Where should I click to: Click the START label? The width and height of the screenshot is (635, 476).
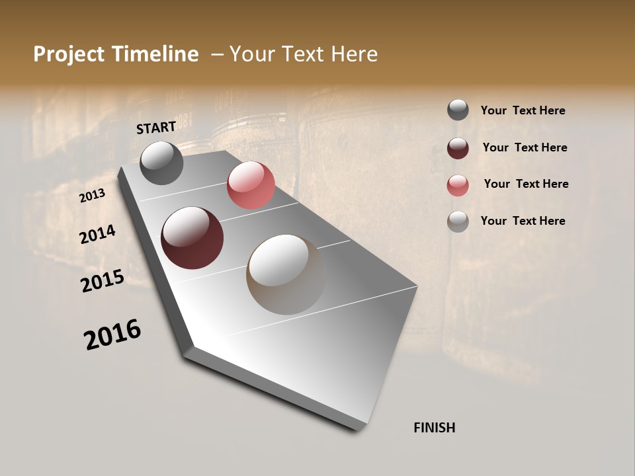(x=156, y=128)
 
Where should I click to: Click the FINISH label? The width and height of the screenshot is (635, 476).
(x=434, y=428)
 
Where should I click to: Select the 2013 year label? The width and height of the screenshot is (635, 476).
(x=92, y=196)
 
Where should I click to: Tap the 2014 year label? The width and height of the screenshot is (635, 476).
(x=97, y=234)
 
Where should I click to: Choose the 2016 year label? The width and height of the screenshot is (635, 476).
(x=112, y=335)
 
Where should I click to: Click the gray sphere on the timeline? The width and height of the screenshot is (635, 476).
(x=161, y=163)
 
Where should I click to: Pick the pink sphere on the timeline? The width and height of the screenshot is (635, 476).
(x=251, y=185)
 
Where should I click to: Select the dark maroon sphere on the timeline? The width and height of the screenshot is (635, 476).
(x=192, y=238)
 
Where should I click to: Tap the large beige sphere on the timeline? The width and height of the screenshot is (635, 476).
(x=286, y=274)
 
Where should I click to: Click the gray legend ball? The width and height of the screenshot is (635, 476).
(x=458, y=110)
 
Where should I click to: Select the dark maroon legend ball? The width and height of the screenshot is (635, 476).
(x=458, y=147)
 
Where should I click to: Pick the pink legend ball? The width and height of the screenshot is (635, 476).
(x=458, y=185)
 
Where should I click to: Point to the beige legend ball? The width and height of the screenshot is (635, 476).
(x=458, y=221)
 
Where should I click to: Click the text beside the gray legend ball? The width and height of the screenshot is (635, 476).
(x=523, y=111)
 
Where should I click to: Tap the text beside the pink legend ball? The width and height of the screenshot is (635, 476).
(x=526, y=184)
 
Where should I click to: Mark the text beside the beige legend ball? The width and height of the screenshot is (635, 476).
(x=523, y=221)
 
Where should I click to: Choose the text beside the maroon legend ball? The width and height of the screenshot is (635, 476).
(x=525, y=147)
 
